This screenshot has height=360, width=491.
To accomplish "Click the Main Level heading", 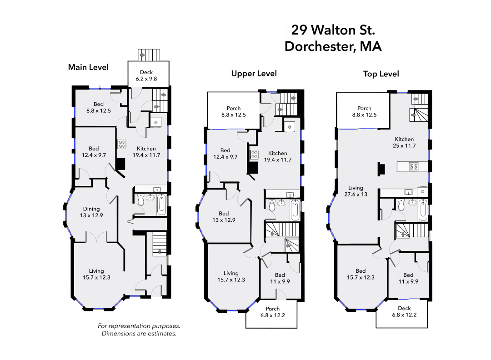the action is [88, 67].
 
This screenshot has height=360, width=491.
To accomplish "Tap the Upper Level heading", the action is [254, 74].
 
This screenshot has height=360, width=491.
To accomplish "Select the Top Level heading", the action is [381, 74].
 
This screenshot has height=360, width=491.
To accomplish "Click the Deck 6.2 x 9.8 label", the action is [146, 75].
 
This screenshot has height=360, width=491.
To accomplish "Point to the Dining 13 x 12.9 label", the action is [91, 212].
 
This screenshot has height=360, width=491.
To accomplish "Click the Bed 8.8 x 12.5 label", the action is [99, 107].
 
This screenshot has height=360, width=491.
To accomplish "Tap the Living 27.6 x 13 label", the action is [356, 191].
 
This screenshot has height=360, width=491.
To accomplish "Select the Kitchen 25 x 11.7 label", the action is [404, 142].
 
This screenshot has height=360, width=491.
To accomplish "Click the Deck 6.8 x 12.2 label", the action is [404, 312].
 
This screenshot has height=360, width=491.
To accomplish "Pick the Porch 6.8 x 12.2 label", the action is [273, 312].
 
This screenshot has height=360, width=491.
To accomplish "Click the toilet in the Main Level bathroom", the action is [141, 200].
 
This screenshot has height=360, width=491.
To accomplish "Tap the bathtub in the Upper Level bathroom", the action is [295, 210].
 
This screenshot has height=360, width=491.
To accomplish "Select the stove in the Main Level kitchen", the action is [121, 144].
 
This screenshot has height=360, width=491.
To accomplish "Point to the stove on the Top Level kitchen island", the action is [414, 166].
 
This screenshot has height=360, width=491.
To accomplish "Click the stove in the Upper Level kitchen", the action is [254, 155].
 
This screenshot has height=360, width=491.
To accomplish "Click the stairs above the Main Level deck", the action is [149, 55].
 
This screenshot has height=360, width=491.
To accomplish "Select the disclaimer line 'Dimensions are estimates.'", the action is [139, 334].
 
